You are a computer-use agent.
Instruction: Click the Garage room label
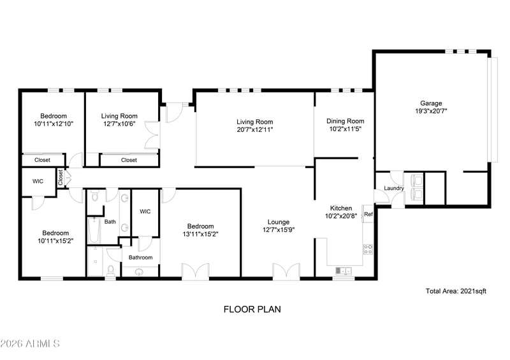click(x=431, y=103)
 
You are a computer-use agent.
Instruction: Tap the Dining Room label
click(x=345, y=121)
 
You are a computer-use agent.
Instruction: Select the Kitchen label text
click(x=341, y=208)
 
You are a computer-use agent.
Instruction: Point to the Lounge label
click(x=279, y=222)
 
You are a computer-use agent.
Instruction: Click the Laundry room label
click(x=393, y=188)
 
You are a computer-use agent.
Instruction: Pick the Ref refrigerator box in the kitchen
click(x=368, y=214)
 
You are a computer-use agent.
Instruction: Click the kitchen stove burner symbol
click(x=368, y=248)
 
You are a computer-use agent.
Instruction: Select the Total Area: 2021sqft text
click(x=456, y=291)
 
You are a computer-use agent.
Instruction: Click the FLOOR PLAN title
click(x=252, y=310)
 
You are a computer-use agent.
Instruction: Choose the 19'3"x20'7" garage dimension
click(x=431, y=111)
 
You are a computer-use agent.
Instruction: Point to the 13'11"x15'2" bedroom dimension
click(x=200, y=234)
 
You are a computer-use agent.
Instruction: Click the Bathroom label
click(x=141, y=257)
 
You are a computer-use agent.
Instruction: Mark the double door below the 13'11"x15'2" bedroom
click(x=195, y=271)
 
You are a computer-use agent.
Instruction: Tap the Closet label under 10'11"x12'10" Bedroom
click(x=42, y=160)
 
